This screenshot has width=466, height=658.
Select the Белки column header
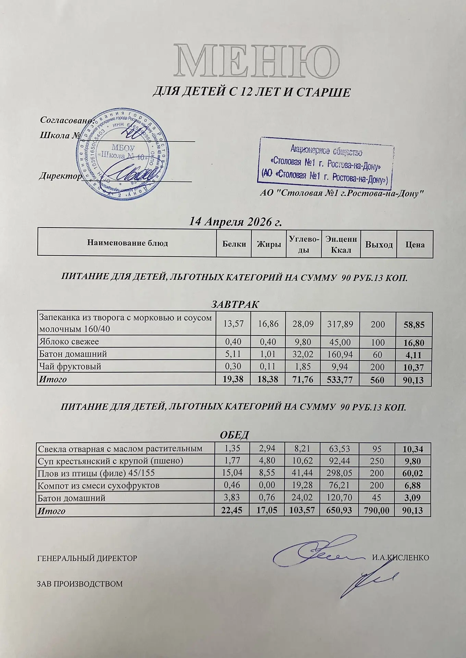click(234, 244)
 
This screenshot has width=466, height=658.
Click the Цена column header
click(415, 244)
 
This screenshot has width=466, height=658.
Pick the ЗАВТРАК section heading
click(234, 304)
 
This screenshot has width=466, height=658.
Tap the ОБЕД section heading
click(234, 435)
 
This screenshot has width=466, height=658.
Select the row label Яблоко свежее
click(69, 342)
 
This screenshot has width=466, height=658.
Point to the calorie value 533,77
click(340, 380)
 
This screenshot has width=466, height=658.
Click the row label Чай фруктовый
click(70, 367)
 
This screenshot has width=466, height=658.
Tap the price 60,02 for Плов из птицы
click(413, 474)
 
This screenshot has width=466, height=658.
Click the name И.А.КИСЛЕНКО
click(400, 558)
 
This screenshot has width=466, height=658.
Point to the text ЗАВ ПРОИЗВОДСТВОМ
click(79, 584)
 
